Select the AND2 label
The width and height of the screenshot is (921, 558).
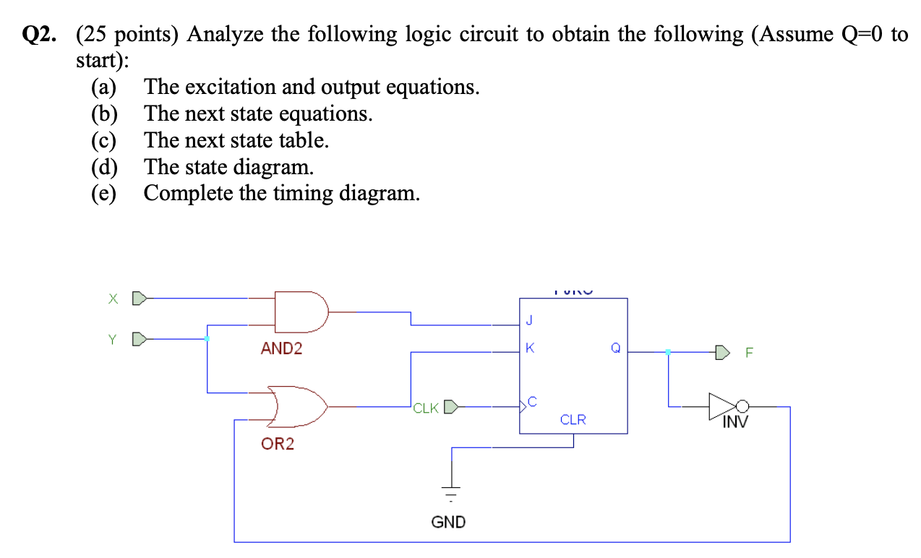tap(281, 349)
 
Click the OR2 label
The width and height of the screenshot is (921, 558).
tap(278, 444)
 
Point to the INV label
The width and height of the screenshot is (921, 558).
tap(734, 421)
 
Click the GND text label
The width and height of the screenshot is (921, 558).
tap(448, 521)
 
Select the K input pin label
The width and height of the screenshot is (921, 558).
tap(530, 348)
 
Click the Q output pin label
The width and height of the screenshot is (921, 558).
tap(615, 348)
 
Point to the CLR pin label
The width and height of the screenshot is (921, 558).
tap(573, 420)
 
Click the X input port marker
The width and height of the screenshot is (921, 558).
tap(141, 297)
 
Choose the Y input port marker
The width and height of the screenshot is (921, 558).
tap(141, 338)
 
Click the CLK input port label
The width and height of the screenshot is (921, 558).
tap(427, 408)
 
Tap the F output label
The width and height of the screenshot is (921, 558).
tap(749, 353)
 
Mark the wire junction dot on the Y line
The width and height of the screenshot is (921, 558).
tap(207, 338)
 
